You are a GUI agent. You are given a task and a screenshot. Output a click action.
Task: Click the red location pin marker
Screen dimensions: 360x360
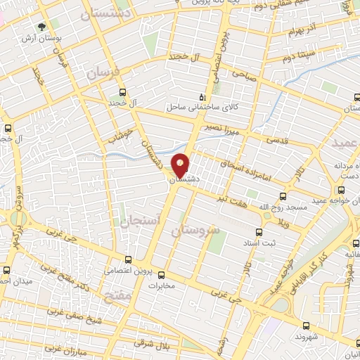[181, 165]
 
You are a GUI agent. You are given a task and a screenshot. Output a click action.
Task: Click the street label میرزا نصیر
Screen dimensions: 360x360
[239, 130]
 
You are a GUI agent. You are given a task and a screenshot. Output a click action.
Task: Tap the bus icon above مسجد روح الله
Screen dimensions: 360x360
[283, 196]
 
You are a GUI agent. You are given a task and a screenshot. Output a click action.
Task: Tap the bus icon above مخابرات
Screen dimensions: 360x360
[161, 275]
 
